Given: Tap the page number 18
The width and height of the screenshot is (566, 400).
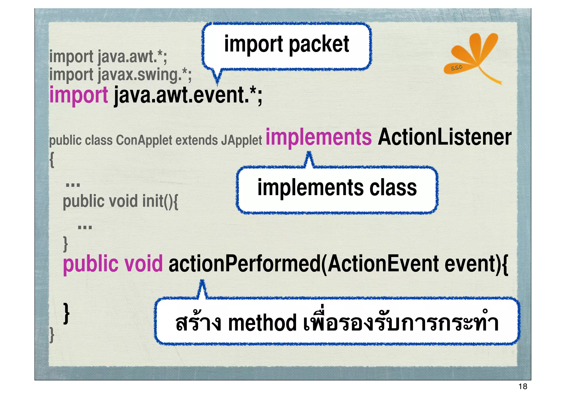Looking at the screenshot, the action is pyautogui.click(x=523, y=386).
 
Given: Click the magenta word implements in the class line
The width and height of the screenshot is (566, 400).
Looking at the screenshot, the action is pyautogui.click(x=318, y=137).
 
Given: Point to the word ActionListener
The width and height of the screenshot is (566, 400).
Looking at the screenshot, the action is pyautogui.click(x=444, y=137).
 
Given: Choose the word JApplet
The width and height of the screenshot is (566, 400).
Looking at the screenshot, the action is pyautogui.click(x=241, y=140).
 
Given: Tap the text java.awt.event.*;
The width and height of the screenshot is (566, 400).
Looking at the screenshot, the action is pyautogui.click(x=188, y=95).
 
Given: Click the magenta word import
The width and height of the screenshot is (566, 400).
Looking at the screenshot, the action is pyautogui.click(x=78, y=95).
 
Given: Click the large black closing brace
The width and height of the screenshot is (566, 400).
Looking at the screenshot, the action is pyautogui.click(x=66, y=313).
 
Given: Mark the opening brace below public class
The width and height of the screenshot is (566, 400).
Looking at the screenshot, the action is pyautogui.click(x=52, y=160).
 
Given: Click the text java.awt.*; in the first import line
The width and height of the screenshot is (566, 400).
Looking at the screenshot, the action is pyautogui.click(x=132, y=57).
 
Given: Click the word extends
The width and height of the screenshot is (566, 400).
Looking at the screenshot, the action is pyautogui.click(x=196, y=140).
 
